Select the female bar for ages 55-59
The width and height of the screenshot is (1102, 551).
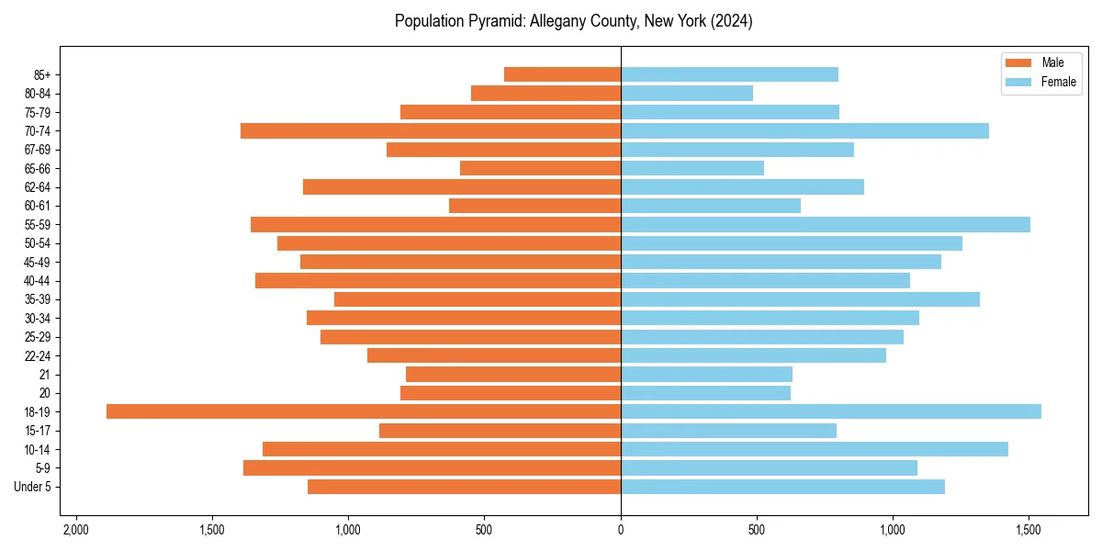pos(826,224)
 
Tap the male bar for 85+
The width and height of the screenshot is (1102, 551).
pos(562,74)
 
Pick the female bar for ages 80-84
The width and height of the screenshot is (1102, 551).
pos(687,94)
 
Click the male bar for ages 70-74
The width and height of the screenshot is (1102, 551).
pos(431,131)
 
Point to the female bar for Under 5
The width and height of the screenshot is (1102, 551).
pos(782,487)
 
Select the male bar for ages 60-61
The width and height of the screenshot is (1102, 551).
pos(534,206)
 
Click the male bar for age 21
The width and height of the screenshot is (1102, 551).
pos(513,375)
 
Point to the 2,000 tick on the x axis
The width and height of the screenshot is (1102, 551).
pos(75,530)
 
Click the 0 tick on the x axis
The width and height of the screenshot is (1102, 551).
pos(621,530)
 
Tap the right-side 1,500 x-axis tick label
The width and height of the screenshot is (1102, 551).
pos(1029,530)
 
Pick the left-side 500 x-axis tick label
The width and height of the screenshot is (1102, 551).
pos(485,530)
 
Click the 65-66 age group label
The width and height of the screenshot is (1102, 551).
pos(38,169)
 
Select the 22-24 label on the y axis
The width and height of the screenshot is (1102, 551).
pos(38,356)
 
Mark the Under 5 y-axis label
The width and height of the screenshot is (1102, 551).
pos(32,487)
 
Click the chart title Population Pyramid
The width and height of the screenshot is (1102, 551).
pos(573,21)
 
